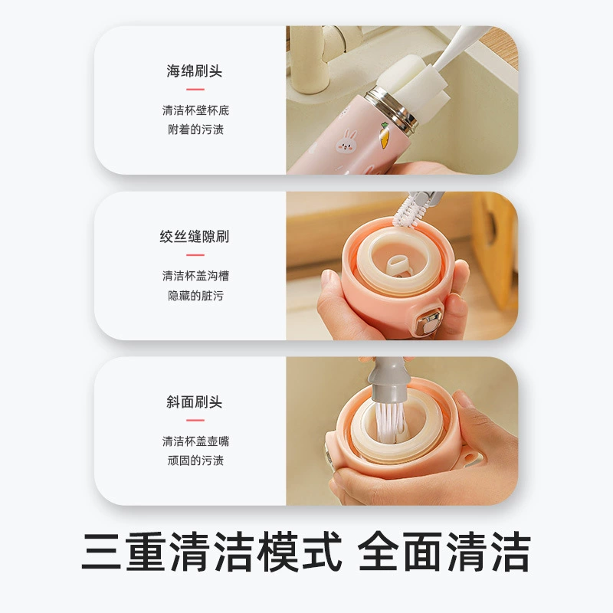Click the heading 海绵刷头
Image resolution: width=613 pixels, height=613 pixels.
click(x=195, y=71)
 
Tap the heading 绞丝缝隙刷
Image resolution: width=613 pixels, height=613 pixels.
click(x=195, y=237)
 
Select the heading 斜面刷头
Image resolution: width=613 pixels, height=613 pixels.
click(x=195, y=402)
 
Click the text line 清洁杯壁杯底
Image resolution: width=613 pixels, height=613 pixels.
click(x=195, y=110)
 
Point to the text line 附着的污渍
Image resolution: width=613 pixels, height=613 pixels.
click(x=195, y=129)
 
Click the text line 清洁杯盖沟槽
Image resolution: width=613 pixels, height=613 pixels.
click(x=195, y=276)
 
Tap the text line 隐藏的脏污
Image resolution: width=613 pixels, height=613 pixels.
click(x=195, y=296)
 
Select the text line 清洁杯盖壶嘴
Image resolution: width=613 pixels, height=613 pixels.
click(x=195, y=441)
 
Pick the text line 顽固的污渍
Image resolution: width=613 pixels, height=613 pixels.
click(x=195, y=461)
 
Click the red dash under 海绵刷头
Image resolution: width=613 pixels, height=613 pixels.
click(x=195, y=90)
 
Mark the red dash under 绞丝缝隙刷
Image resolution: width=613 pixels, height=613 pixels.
click(x=195, y=255)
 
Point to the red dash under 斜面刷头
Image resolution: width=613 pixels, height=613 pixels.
click(x=195, y=420)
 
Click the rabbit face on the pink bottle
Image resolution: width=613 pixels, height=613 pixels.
click(x=346, y=142)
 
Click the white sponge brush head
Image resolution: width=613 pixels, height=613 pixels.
click(x=398, y=84)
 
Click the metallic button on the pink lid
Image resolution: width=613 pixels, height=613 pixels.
click(x=429, y=321)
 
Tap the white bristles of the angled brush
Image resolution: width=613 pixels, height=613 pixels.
click(x=390, y=422)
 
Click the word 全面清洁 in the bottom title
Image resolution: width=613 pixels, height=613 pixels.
click(x=444, y=551)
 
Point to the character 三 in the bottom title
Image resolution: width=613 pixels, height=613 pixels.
click(x=101, y=551)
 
